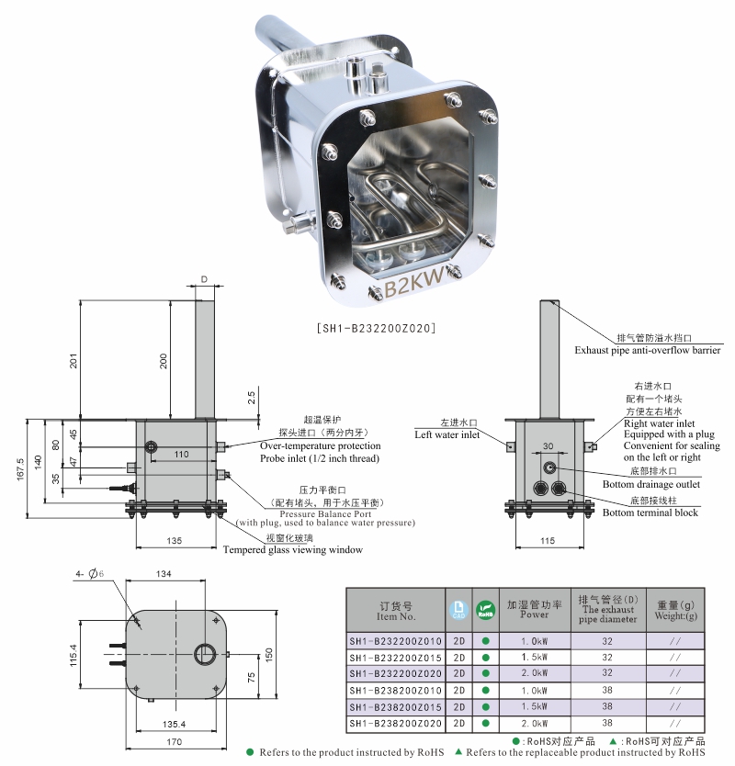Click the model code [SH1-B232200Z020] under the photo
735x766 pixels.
coord(377,328)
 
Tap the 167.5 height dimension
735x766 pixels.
coord(20,469)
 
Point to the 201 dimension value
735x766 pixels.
coord(73,361)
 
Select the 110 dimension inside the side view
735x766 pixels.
coord(181,455)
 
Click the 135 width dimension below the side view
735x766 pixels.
coord(174,541)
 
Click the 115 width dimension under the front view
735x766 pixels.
coord(548,541)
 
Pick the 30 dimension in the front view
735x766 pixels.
coord(548,446)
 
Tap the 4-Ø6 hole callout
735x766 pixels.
coord(89,574)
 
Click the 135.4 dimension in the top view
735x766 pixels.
coord(174,724)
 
